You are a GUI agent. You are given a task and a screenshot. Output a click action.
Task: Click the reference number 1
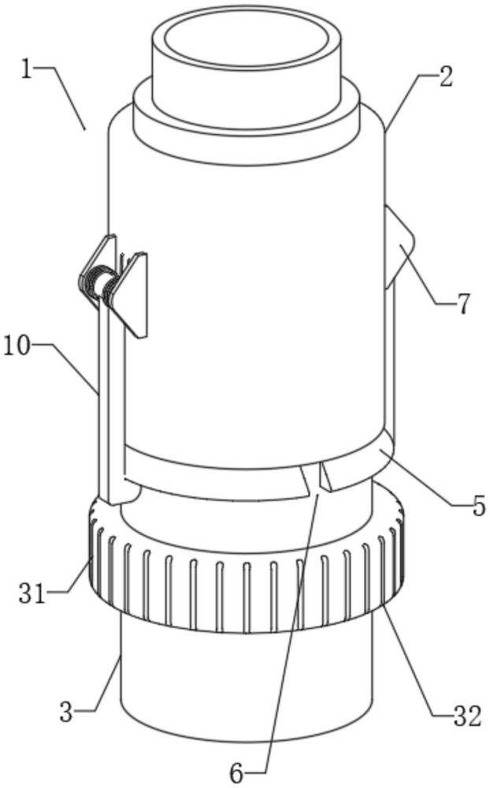coord(27,69)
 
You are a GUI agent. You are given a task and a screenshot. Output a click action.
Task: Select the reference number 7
coord(463,303)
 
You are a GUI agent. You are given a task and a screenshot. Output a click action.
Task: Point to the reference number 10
coord(17,346)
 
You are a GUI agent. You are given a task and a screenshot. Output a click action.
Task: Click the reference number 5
coord(478,506)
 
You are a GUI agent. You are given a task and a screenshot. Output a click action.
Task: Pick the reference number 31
coord(32,593)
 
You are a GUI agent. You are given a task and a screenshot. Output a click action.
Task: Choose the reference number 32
coord(467,717)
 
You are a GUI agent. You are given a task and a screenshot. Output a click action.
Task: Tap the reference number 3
coord(66,712)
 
